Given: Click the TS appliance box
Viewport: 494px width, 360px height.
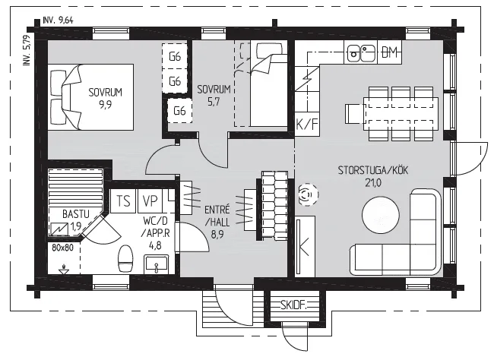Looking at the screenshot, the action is [x=123, y=201].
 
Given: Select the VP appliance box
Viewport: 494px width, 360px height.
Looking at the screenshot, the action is [x=150, y=201].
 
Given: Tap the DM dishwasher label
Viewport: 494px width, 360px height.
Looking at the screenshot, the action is [x=389, y=52].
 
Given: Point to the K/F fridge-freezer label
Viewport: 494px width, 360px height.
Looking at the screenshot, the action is [x=307, y=125].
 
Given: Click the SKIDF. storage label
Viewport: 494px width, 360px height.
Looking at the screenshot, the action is [x=293, y=305].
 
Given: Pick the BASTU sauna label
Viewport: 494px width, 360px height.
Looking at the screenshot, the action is [x=75, y=214].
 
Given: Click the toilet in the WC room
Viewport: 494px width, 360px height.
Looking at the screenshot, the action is [x=125, y=259].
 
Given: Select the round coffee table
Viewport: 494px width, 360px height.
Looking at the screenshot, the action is [x=381, y=215].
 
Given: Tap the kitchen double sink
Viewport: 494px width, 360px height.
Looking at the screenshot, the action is [x=361, y=53].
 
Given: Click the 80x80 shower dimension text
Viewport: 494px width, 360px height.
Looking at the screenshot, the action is [x=62, y=248].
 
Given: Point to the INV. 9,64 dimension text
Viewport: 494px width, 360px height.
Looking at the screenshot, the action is [x=59, y=21].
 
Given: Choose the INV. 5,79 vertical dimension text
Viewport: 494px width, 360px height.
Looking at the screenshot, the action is [x=27, y=50].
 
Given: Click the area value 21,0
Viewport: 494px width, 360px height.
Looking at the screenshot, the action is [x=373, y=183].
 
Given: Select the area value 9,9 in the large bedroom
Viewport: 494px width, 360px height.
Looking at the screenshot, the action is [x=105, y=104].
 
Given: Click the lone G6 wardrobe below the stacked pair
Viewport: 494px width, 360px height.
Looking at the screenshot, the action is [x=179, y=111].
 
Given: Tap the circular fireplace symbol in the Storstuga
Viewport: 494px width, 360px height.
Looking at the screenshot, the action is [x=308, y=194].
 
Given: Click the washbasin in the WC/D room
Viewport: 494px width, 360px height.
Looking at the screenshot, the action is [x=156, y=264].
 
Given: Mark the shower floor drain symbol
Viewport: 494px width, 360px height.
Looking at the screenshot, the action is [x=64, y=270].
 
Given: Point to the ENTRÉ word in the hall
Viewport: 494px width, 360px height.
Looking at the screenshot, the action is [x=217, y=210].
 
